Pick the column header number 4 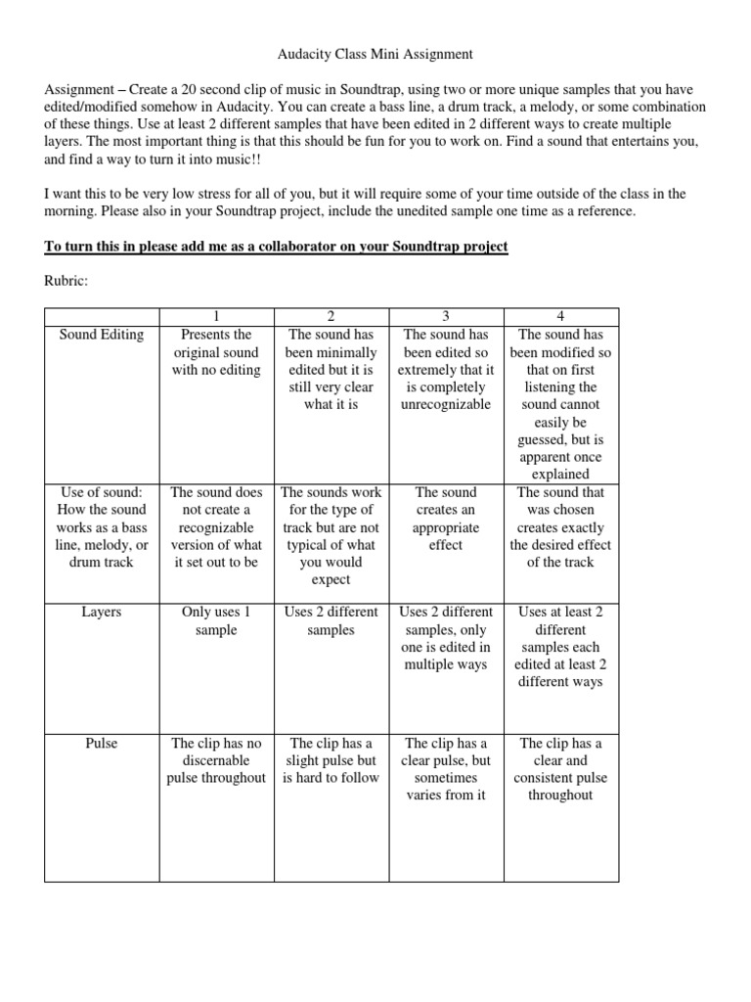pyautogui.click(x=560, y=317)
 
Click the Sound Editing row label pyautogui.click(x=102, y=335)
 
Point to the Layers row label pyautogui.click(x=102, y=612)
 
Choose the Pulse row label pyautogui.click(x=102, y=744)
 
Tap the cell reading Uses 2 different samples pyautogui.click(x=331, y=620)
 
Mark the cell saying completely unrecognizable pyautogui.click(x=445, y=370)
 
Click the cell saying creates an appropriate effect pyautogui.click(x=445, y=519)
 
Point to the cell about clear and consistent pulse pyautogui.click(x=560, y=769)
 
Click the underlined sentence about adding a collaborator pyautogui.click(x=277, y=246)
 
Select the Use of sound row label pyautogui.click(x=102, y=527)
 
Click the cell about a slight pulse pyautogui.click(x=331, y=760)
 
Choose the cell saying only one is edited pyautogui.click(x=445, y=638)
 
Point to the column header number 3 pyautogui.click(x=445, y=317)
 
